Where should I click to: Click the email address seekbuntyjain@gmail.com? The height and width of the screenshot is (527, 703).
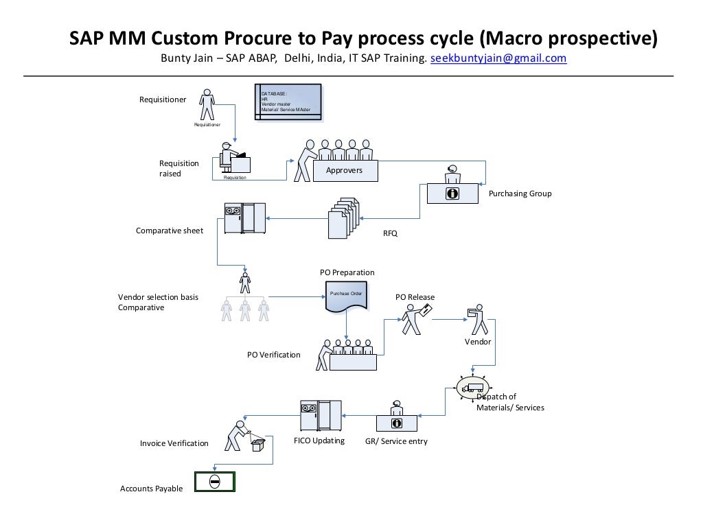498,58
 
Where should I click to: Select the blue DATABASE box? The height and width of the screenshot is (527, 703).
288,103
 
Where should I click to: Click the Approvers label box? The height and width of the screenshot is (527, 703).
344,170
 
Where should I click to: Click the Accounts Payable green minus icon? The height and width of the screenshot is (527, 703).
214,482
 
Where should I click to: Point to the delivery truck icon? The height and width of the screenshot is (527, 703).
473,388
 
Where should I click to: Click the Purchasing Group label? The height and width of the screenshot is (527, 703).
520,194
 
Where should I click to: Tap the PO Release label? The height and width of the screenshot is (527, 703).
415,297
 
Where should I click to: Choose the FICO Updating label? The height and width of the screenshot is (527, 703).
319,441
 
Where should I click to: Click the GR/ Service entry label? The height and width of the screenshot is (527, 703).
396,441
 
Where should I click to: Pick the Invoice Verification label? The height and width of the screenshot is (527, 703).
174,443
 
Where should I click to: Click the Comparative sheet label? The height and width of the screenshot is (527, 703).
169,231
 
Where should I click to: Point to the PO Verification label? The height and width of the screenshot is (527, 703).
273,355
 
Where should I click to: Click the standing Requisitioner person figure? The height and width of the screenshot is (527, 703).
207,105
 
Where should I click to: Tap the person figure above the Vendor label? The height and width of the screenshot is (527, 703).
476,320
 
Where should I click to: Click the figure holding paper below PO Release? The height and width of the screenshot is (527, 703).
415,318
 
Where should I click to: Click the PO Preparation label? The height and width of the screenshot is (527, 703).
347,272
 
